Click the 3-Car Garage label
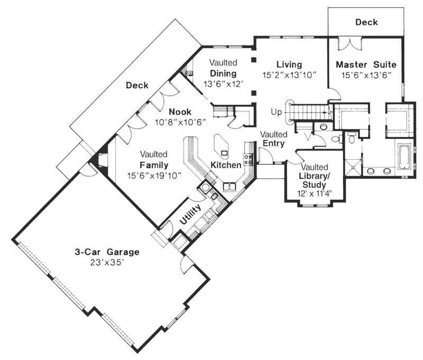pyautogui.click(x=107, y=252)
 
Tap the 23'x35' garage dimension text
pyautogui.click(x=107, y=262)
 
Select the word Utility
pyautogui.click(x=190, y=215)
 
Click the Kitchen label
pyautogui.click(x=226, y=165)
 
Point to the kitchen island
pyautogui.click(x=221, y=147)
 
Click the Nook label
pyautogui.click(x=180, y=112)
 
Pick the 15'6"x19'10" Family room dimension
pyautogui.click(x=154, y=176)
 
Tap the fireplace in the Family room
pyautogui.click(x=100, y=160)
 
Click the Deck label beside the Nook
pyautogui.click(x=137, y=86)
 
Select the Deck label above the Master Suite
pyautogui.click(x=366, y=22)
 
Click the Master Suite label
pyautogui.click(x=366, y=64)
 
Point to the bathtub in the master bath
pyautogui.click(x=404, y=156)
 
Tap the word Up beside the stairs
pyautogui.click(x=276, y=112)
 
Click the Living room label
pyautogui.click(x=289, y=64)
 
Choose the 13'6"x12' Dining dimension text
pyautogui.click(x=224, y=84)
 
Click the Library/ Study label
pyautogui.click(x=314, y=180)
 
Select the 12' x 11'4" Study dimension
pyautogui.click(x=314, y=193)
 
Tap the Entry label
pyautogui.click(x=273, y=143)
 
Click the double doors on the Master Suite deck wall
pyautogui.click(x=350, y=44)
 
